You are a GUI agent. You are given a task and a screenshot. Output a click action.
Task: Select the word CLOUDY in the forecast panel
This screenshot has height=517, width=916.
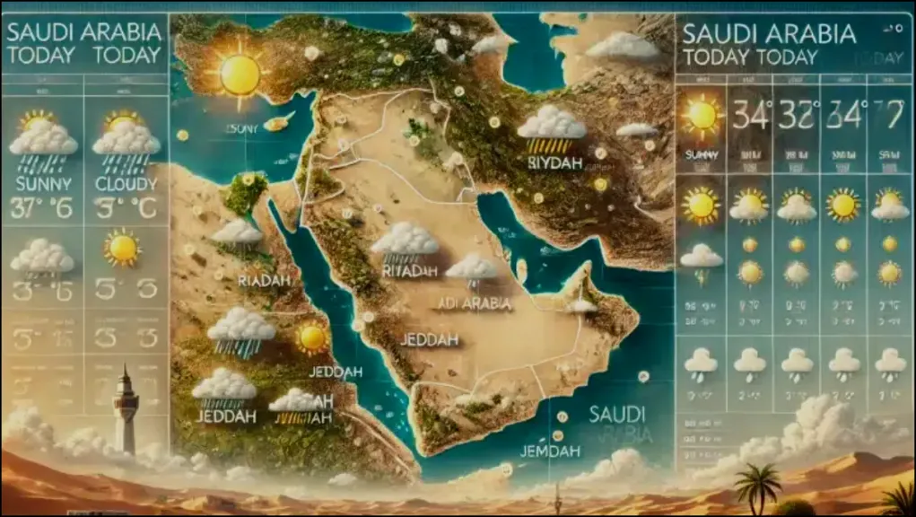pyautogui.click(x=126, y=184)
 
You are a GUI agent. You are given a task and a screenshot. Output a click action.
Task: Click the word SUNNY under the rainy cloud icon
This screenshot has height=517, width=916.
pyautogui.click(x=42, y=185)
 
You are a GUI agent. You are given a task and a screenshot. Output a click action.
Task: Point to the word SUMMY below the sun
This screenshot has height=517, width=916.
pyautogui.click(x=702, y=155)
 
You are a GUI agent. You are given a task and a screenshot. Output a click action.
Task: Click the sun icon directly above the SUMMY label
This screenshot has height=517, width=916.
pyautogui.click(x=702, y=115)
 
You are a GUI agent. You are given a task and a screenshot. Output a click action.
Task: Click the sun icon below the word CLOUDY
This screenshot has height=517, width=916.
pyautogui.click(x=122, y=247)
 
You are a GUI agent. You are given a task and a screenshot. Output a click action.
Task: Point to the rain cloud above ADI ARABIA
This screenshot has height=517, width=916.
pyautogui.click(x=472, y=267)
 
